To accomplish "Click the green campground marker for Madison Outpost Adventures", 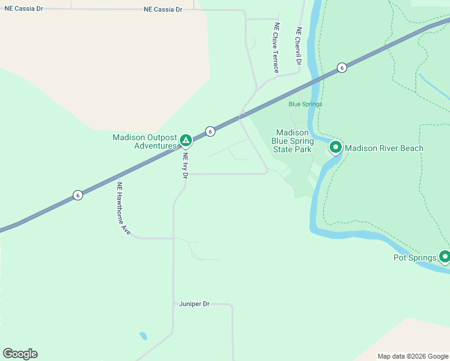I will tap(186, 141).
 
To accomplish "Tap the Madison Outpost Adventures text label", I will tap(145, 141).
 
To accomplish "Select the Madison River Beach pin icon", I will tap(335, 147).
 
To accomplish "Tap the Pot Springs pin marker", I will tap(445, 257).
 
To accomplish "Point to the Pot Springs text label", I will tap(415, 258).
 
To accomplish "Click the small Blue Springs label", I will tap(306, 104).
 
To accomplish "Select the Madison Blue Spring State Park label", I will tap(292, 141).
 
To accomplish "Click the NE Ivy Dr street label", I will tap(185, 165).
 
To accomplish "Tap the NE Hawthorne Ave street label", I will tap(123, 208).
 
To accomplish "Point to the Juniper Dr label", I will tap(194, 304).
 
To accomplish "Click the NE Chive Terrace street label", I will tap(276, 48).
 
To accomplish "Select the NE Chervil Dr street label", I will tap(298, 46).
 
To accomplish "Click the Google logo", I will tap(20, 354).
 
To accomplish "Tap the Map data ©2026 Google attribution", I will tap(413, 356).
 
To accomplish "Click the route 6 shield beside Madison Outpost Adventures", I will tap(210, 131).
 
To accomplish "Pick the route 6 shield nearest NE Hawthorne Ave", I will tap(78, 195).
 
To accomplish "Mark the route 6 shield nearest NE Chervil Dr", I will tap(342, 67).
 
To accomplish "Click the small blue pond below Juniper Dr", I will tap(143, 336).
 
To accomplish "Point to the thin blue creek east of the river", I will tap(434, 88).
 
